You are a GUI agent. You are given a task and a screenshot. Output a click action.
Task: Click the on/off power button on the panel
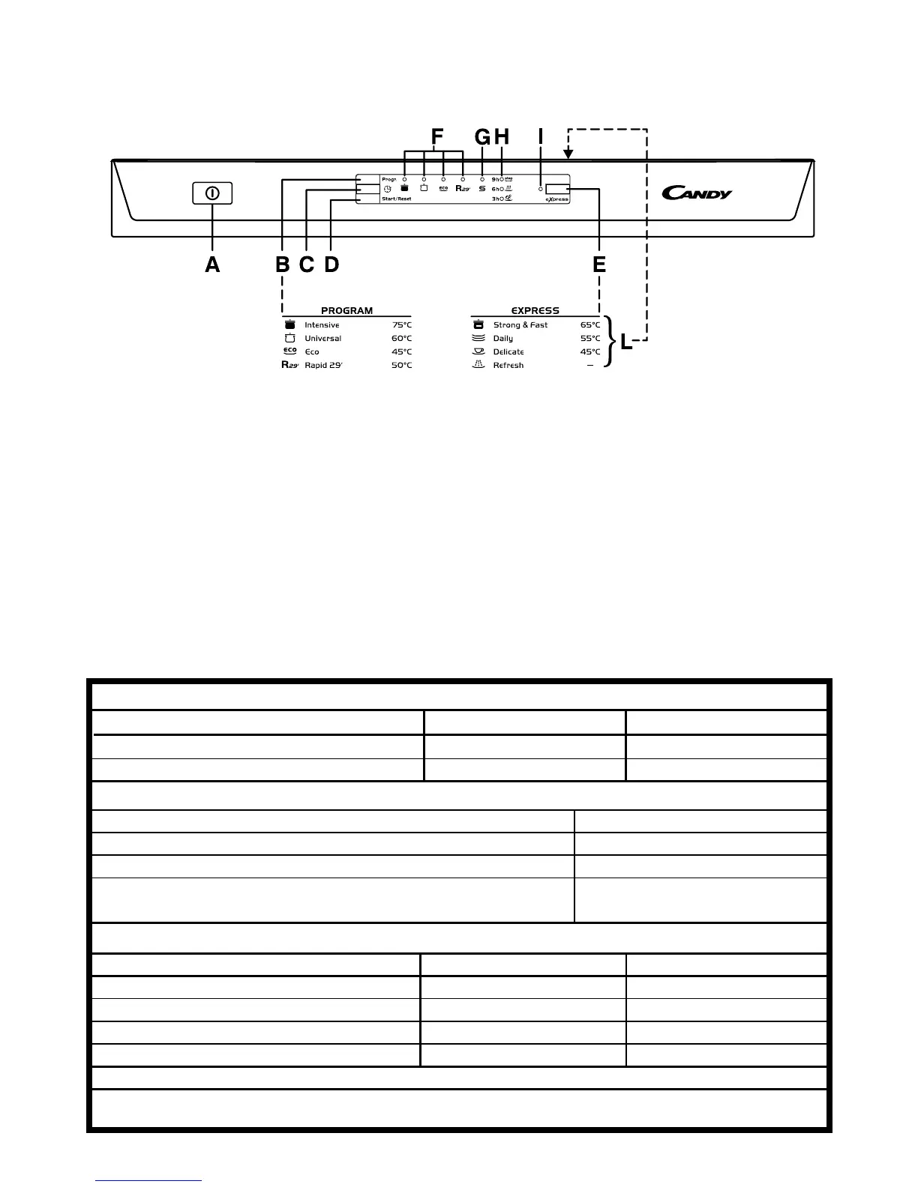[212, 193]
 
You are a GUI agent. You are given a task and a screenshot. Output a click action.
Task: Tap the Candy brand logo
[697, 193]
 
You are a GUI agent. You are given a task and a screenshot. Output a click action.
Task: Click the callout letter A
[212, 265]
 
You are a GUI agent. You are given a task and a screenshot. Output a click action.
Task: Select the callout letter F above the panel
[436, 136]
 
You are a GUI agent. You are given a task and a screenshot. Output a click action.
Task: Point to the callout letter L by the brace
[626, 344]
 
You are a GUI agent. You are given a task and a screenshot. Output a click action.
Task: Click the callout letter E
[599, 265]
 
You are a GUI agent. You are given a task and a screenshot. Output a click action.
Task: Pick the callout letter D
[331, 265]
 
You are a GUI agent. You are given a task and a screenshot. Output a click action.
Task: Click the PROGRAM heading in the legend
[346, 310]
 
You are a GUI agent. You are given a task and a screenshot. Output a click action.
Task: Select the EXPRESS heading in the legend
[535, 310]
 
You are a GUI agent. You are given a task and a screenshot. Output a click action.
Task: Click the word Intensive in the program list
[322, 325]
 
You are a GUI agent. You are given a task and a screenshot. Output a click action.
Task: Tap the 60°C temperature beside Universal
[401, 339]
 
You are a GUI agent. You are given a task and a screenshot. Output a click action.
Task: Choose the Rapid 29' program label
[323, 366]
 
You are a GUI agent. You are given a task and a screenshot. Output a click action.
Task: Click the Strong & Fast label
[520, 325]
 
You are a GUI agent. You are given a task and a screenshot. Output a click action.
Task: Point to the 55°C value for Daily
[590, 339]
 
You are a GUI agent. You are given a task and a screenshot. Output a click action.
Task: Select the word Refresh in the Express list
[508, 366]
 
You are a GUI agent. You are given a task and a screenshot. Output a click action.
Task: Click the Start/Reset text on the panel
[396, 199]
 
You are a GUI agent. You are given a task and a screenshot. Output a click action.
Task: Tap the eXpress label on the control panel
[556, 199]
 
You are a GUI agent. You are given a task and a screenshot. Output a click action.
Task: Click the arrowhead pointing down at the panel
[568, 154]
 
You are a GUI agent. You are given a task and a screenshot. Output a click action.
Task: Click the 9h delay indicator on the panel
[496, 180]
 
